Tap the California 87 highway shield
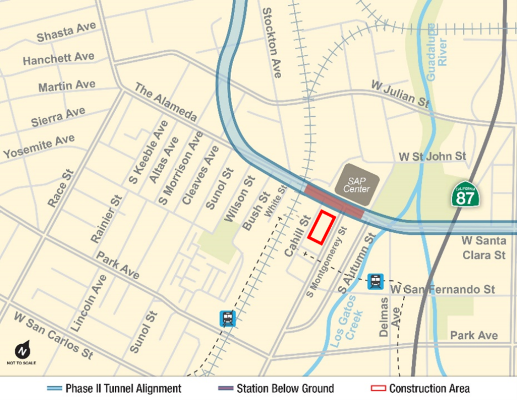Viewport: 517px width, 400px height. (x=465, y=194)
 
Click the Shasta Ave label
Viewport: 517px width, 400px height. (x=66, y=33)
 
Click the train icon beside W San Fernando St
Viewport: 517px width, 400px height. (x=375, y=281)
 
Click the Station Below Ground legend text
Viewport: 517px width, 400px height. (x=286, y=388)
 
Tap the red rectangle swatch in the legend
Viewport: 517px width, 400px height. (x=378, y=388)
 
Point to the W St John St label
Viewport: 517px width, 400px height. (x=432, y=157)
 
